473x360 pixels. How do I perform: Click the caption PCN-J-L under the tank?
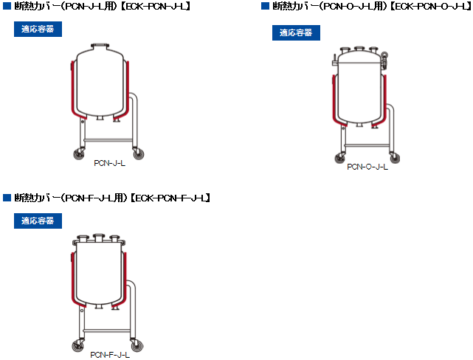(109, 163)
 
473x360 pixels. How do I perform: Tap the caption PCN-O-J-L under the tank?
(367, 167)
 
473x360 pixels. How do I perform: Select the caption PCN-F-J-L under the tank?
(110, 355)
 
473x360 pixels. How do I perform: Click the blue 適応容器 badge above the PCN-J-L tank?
(38, 29)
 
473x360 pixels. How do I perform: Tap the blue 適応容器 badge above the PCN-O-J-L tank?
(296, 32)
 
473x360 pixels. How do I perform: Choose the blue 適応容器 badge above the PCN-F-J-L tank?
(38, 221)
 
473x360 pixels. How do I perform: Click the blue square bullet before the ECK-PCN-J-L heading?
(7, 6)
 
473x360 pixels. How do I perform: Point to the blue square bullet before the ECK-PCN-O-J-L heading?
(265, 6)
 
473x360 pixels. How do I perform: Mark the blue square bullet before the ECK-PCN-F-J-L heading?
(7, 198)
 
